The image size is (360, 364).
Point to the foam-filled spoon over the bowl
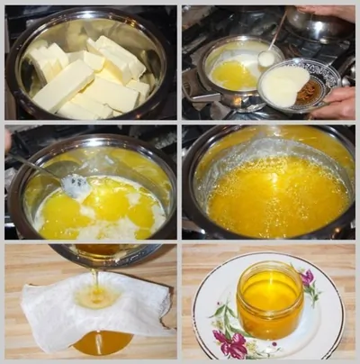point(266,59)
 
